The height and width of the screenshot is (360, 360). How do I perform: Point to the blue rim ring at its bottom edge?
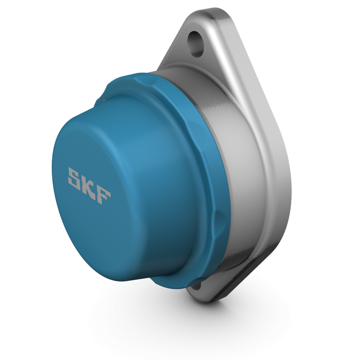(180, 281)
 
